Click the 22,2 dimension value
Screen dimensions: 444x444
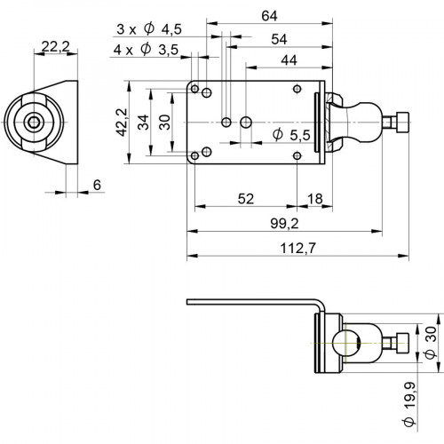click(54, 44)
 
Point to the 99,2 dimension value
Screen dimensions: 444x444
click(281, 226)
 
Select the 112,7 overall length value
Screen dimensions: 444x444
click(298, 250)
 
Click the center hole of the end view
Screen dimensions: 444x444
click(35, 123)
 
